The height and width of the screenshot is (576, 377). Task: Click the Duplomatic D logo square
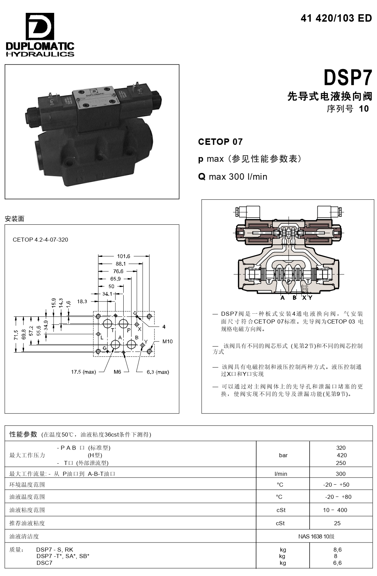click(x=40, y=26)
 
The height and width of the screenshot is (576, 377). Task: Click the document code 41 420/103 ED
click(x=336, y=18)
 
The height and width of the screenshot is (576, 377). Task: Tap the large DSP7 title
click(x=348, y=77)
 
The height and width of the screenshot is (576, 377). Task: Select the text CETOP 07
click(x=220, y=142)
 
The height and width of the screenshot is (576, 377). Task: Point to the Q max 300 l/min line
click(x=233, y=177)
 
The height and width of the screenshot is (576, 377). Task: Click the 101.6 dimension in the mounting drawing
click(x=124, y=256)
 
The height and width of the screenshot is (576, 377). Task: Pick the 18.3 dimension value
click(x=82, y=302)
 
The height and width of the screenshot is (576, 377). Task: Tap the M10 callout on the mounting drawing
click(x=168, y=341)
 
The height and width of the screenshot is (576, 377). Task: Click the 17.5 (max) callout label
click(x=83, y=372)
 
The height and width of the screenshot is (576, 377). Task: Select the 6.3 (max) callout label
click(x=158, y=372)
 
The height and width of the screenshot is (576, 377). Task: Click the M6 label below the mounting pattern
click(x=117, y=372)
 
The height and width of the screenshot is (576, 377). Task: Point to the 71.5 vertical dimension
click(x=16, y=335)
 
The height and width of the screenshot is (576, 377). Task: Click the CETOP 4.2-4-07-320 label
click(x=40, y=240)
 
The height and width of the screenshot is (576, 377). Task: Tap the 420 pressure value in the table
click(x=342, y=455)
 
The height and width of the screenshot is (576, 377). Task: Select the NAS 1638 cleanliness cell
click(x=316, y=536)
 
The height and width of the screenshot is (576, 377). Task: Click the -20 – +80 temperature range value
click(x=338, y=497)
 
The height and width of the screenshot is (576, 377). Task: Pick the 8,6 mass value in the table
click(x=337, y=550)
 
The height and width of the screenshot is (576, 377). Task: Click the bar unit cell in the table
click(x=283, y=455)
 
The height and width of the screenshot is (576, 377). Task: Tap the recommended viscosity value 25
click(x=337, y=523)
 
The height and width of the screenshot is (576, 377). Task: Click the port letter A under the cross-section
click(x=282, y=298)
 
